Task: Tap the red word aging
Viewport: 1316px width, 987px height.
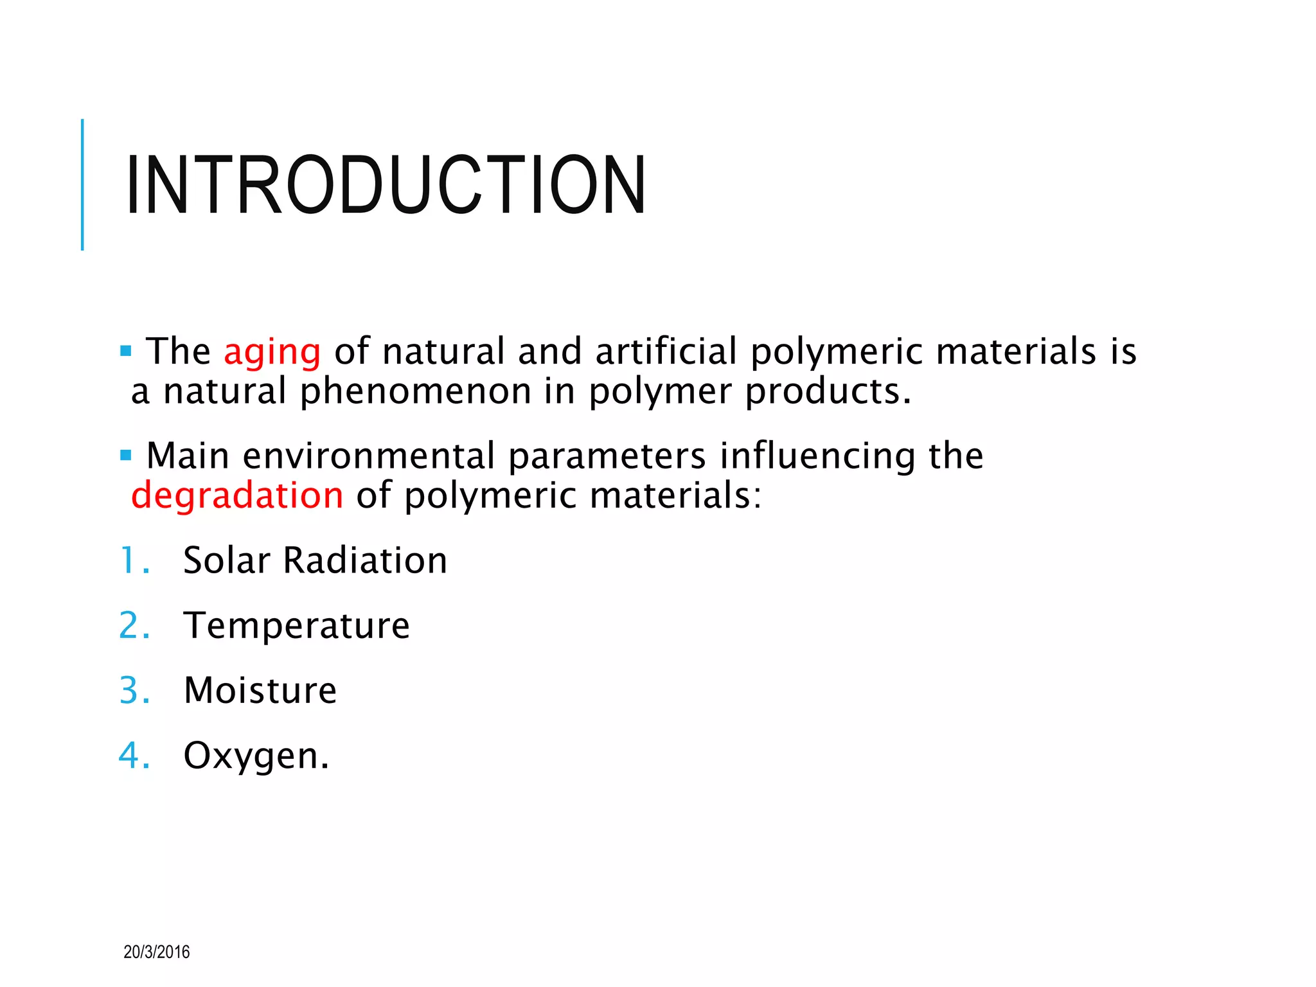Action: (x=272, y=352)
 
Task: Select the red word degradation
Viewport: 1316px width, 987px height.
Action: (x=237, y=496)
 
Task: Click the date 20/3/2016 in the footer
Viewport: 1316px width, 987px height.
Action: (x=156, y=952)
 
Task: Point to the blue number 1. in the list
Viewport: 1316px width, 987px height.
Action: (x=134, y=560)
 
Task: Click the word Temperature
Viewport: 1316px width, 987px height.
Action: (x=296, y=626)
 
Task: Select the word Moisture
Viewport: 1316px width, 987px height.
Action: (x=260, y=691)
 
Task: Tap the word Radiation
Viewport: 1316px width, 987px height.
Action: (x=365, y=560)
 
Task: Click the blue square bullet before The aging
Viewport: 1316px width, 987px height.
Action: (x=126, y=351)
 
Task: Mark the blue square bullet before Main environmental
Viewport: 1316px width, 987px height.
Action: (x=126, y=456)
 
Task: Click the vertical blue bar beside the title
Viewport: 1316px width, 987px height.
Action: (x=82, y=184)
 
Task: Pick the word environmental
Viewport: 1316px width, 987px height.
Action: (x=369, y=456)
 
